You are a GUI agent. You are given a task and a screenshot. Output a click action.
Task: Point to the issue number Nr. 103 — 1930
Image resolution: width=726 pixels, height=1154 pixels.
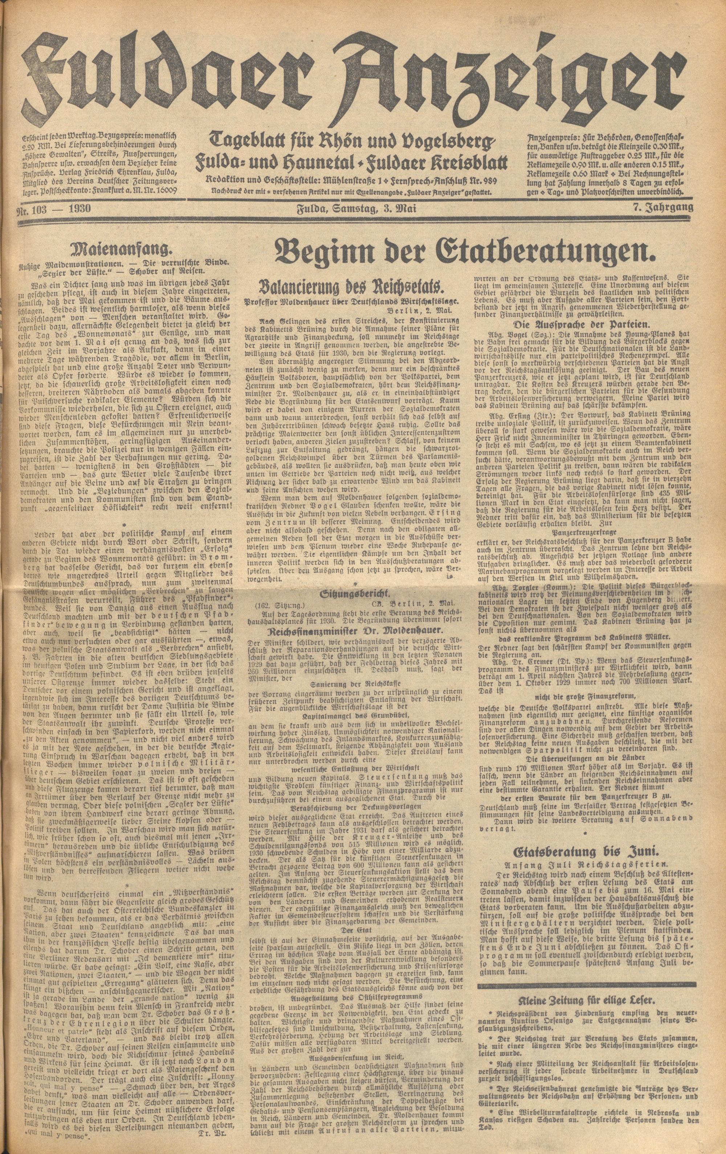[58, 209]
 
